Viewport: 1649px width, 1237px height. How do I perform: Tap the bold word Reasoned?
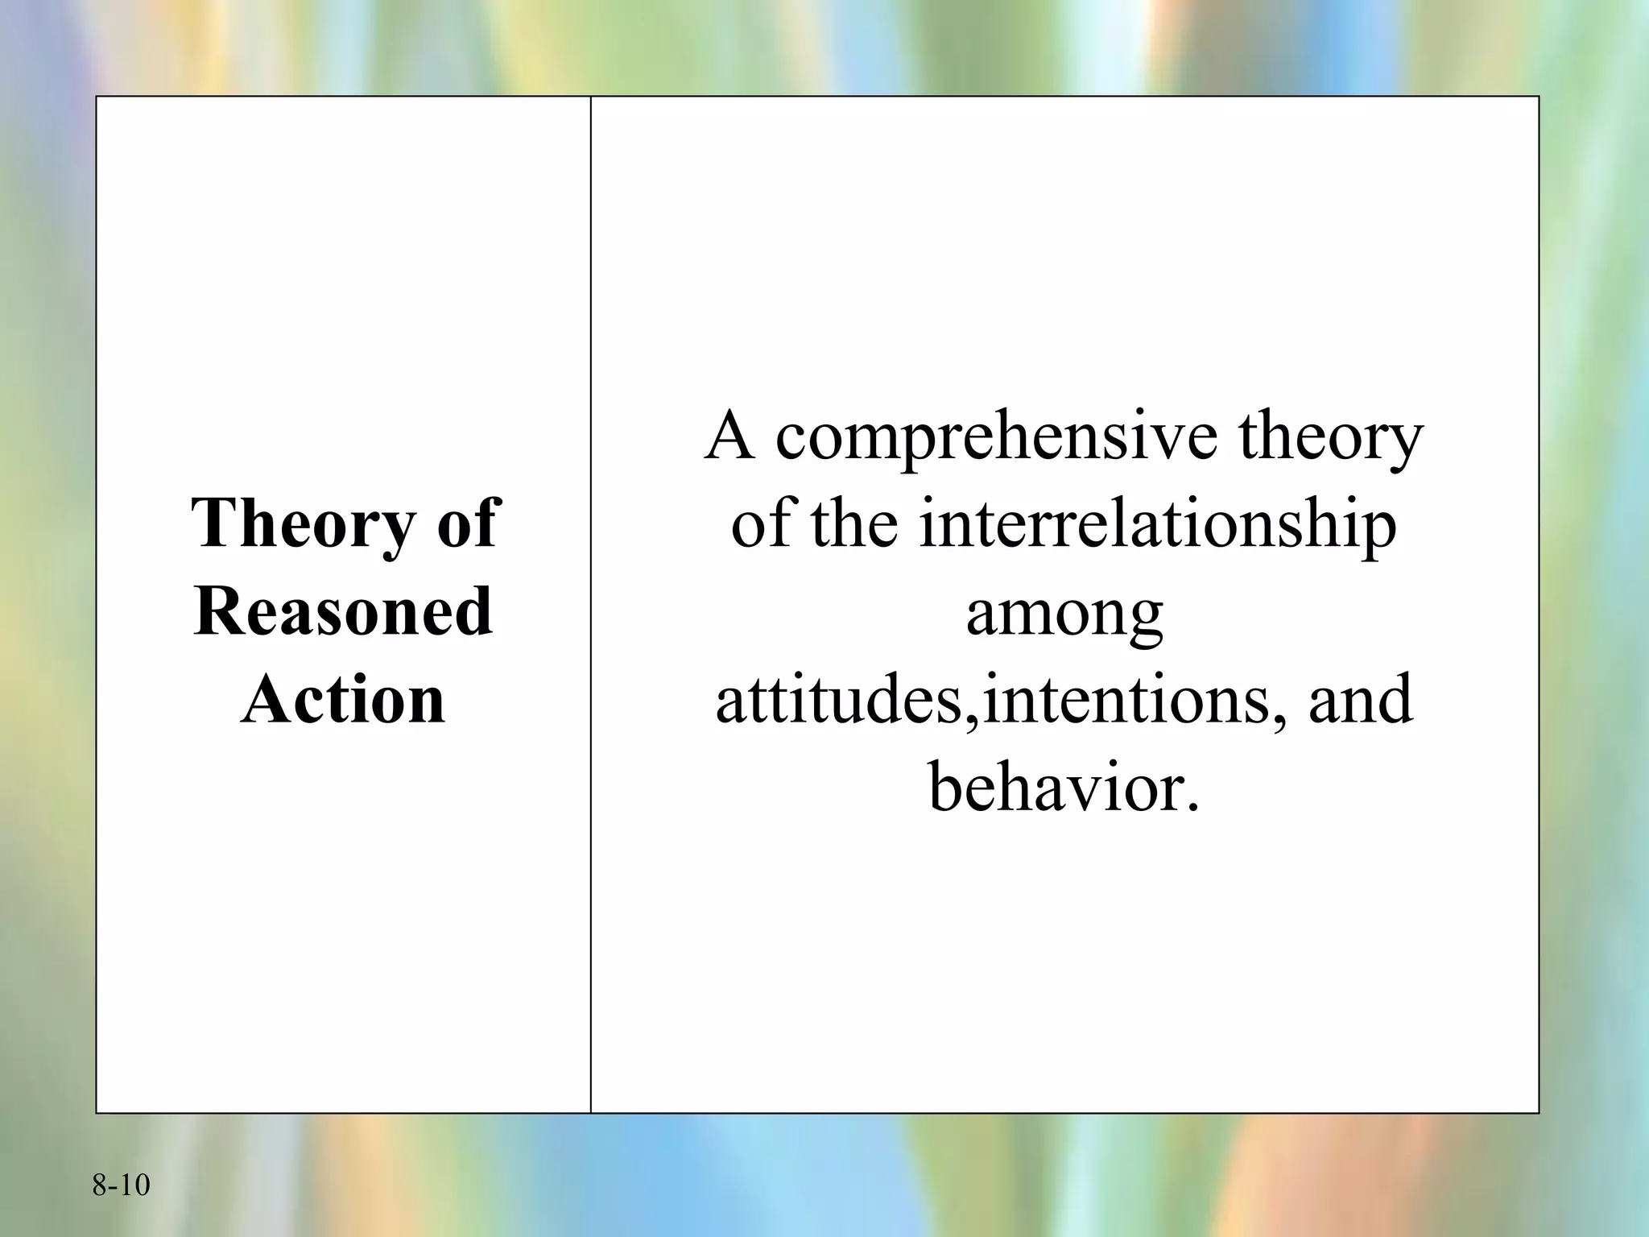[x=343, y=611]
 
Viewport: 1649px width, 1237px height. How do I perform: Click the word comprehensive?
[x=996, y=439]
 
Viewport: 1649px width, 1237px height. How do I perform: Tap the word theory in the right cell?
[x=1330, y=439]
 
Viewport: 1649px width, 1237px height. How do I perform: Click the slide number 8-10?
[x=121, y=1185]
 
